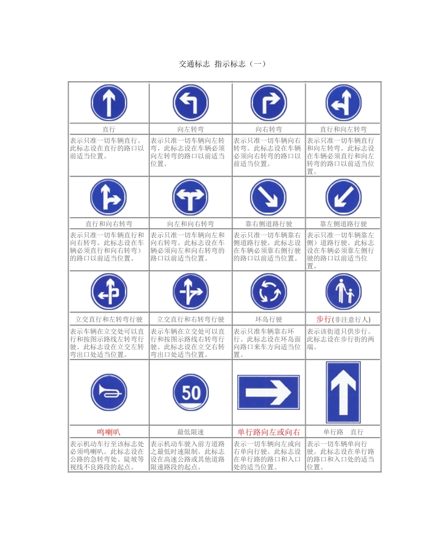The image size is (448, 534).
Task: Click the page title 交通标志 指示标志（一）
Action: (x=222, y=64)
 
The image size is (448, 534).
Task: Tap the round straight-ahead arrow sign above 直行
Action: (x=109, y=103)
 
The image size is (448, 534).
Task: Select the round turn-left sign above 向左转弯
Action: (x=191, y=103)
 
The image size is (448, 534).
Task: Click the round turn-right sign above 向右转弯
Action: (x=268, y=103)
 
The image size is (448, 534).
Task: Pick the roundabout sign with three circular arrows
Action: (x=268, y=292)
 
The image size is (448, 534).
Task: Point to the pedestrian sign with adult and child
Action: (x=343, y=292)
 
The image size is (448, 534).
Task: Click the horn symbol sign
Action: (x=109, y=392)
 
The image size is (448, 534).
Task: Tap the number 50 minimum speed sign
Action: (x=191, y=392)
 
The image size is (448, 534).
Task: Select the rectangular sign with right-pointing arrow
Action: (x=268, y=392)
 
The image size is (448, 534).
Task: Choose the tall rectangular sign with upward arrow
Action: (x=343, y=392)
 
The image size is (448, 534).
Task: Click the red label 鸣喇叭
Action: (x=109, y=432)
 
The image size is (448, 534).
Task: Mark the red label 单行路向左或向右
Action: (x=268, y=432)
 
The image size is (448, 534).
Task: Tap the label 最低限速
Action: (x=191, y=432)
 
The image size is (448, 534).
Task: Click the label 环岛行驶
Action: (x=268, y=320)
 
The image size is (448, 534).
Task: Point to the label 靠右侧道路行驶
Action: (x=268, y=224)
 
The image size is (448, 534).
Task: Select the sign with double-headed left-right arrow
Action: (x=191, y=197)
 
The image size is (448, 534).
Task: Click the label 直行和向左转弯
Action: (x=343, y=129)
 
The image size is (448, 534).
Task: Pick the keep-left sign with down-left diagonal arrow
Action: (x=343, y=197)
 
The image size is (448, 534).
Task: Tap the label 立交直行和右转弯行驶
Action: (x=191, y=320)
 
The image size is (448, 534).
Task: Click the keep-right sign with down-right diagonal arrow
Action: (x=268, y=197)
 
